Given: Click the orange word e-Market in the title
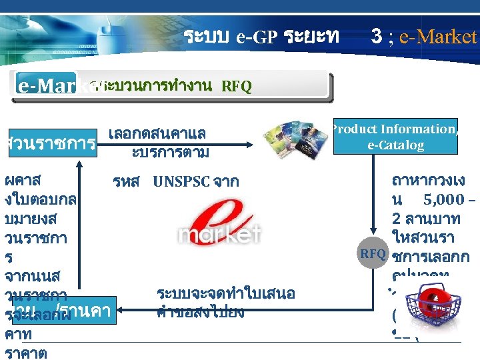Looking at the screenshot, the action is click(438, 36).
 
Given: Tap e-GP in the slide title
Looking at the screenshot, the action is click(256, 37).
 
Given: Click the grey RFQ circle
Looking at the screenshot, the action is click(373, 253).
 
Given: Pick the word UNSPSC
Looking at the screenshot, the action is click(182, 181).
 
